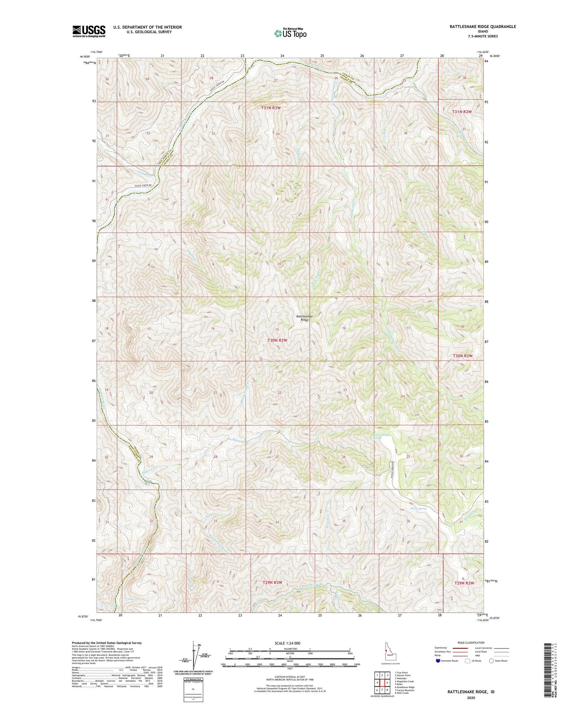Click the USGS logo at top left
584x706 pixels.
(x=89, y=31)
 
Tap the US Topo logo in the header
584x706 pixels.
(x=290, y=33)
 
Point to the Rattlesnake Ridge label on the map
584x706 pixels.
(x=304, y=318)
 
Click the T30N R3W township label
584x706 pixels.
(x=277, y=340)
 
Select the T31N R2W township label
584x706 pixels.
(x=462, y=112)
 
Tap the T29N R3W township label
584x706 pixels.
(x=272, y=583)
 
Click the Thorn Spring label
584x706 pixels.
(x=419, y=509)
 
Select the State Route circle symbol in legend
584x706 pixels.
(x=491, y=660)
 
